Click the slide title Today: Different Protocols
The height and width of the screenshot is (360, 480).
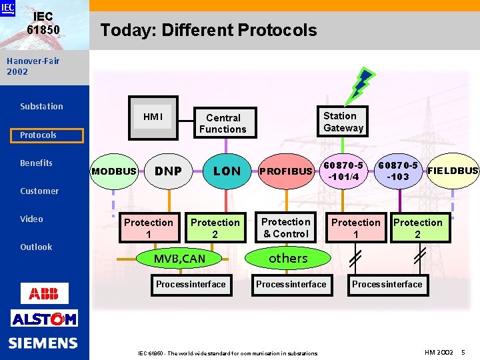click(208, 30)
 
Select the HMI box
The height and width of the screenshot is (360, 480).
click(153, 117)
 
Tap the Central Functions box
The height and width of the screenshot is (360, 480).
click(223, 123)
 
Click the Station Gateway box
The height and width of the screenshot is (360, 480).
click(343, 122)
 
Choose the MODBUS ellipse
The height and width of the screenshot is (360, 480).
click(113, 171)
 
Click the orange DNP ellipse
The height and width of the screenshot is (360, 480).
click(169, 171)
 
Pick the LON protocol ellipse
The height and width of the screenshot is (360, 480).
click(227, 171)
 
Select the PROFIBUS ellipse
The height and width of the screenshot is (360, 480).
click(285, 171)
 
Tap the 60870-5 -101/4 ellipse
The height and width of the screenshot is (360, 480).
click(343, 171)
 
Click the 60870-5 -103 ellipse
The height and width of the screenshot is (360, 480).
click(398, 171)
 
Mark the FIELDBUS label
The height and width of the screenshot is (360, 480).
click(453, 171)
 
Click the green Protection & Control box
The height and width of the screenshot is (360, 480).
click(285, 228)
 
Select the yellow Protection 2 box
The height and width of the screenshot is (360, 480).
click(215, 228)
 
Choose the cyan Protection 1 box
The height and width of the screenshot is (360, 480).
click(356, 228)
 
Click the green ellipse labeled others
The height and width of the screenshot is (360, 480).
click(288, 258)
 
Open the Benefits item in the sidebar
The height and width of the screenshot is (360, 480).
click(36, 163)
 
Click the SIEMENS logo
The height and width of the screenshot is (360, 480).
click(43, 343)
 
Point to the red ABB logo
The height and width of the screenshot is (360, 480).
click(44, 293)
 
